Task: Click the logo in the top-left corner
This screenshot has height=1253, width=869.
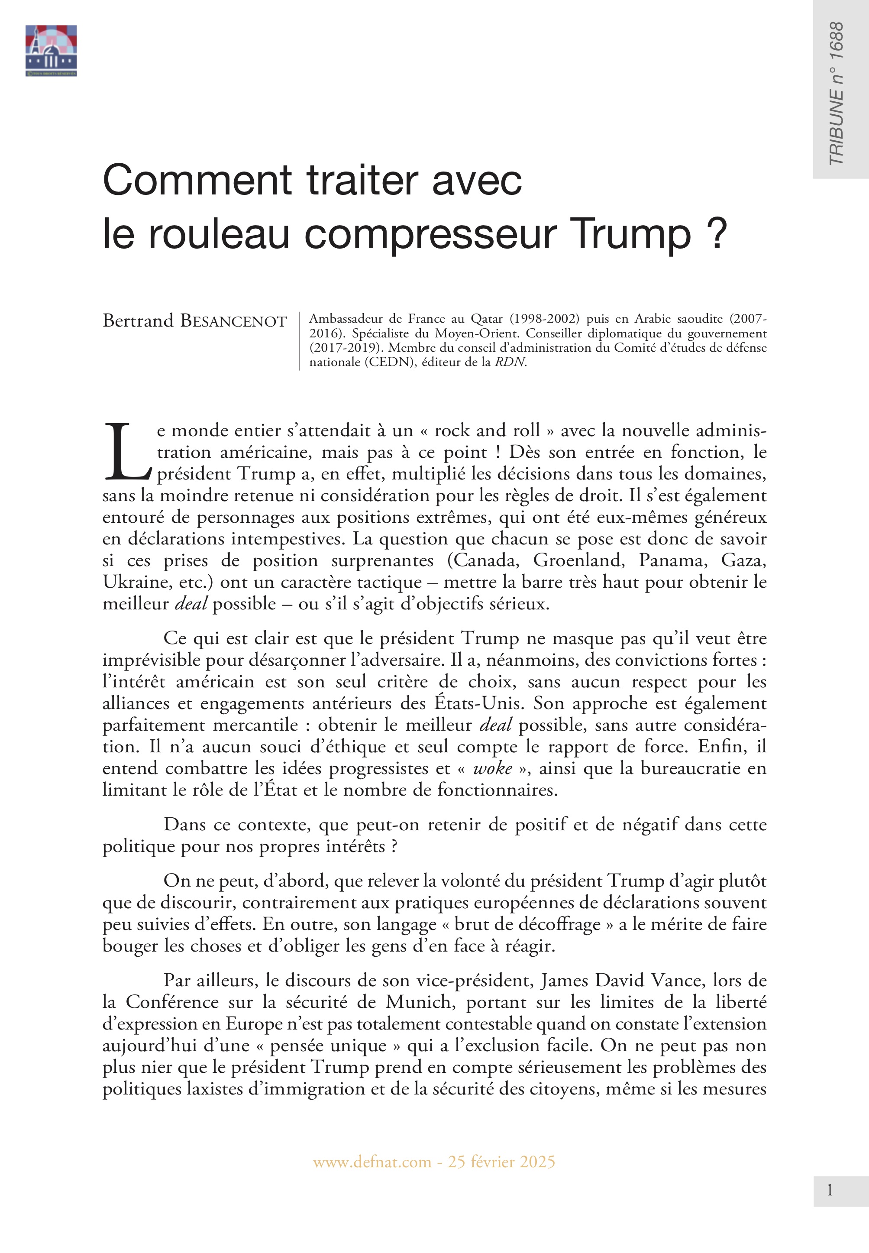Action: (x=51, y=50)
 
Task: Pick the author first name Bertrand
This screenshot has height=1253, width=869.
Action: (x=138, y=321)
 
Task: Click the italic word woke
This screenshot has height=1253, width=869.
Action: (x=493, y=768)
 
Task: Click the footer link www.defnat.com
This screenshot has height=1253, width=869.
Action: (x=372, y=1162)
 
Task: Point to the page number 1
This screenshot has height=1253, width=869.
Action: (x=829, y=1191)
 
